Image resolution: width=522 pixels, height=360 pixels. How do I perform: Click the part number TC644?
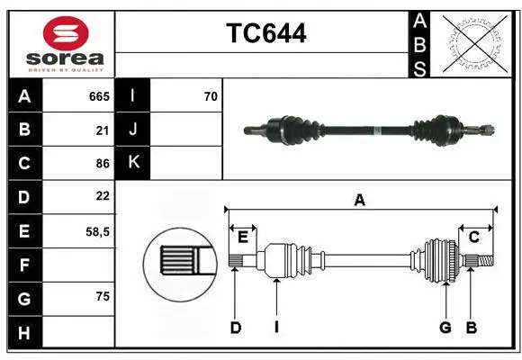pos(265,34)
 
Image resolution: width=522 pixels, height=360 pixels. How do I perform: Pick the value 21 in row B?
pos(103,130)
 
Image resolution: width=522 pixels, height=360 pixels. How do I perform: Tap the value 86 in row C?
pos(103,163)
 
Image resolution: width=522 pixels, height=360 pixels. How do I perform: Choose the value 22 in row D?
pos(103,196)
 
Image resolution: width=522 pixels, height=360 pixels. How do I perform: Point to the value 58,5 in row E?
pos(97,230)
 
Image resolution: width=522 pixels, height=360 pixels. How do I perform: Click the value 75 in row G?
pos(103,297)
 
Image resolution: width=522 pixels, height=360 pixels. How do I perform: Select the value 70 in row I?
pos(211,95)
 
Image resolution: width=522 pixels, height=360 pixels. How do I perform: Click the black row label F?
pos(24,265)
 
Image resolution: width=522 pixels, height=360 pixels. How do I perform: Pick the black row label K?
pos(133,163)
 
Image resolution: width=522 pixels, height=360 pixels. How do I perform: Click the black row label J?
pos(133,130)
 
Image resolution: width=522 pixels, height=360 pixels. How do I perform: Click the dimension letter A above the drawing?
pos(359,201)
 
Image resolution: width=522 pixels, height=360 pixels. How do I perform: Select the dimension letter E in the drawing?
pos(243,237)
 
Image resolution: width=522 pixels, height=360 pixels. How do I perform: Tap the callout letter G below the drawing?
pos(445,328)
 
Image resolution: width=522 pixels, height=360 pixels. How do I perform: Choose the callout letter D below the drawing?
pos(235,328)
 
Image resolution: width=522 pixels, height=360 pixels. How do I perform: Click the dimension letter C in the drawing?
pos(473,237)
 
